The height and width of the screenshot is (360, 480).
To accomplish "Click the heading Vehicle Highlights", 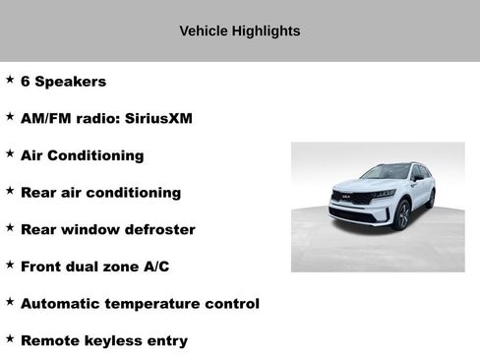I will (x=239, y=30).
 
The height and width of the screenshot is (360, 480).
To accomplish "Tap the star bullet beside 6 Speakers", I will (x=10, y=80).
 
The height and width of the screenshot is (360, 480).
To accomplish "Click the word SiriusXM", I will (x=158, y=118).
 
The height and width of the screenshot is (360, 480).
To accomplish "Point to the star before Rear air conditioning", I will (x=10, y=191).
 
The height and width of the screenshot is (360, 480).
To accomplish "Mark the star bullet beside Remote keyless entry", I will (x=10, y=338).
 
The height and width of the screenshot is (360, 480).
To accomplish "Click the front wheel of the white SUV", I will (x=401, y=213).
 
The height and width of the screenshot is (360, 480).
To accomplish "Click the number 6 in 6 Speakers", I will (x=26, y=82).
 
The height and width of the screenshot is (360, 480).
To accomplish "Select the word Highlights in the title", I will (x=266, y=30).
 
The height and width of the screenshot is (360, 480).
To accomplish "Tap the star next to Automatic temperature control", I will (x=10, y=302).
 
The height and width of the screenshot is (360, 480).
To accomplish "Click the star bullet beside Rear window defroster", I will (x=10, y=227).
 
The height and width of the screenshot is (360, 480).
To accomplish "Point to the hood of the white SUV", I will (x=359, y=186).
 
